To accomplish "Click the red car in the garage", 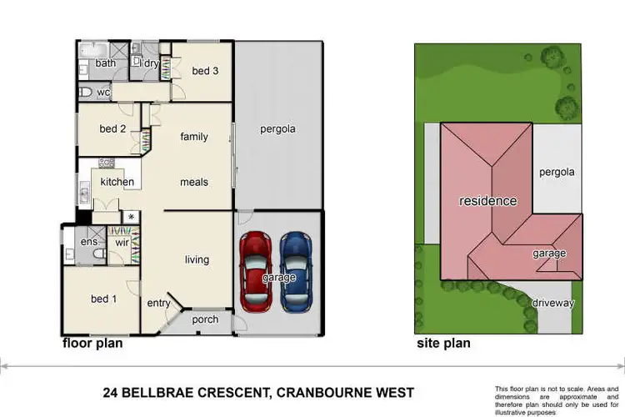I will coord(255,269).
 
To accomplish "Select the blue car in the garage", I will coord(296,269).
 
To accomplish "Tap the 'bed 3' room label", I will coord(205,71).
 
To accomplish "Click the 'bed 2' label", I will coord(112,128).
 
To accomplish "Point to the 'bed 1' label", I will coord(103,299).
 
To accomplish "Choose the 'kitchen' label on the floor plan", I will coord(117,182).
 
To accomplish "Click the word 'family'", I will coord(194,137).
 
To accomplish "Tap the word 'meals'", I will coord(194,182).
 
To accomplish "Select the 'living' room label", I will coord(197,259).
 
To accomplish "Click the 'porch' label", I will coord(205,319).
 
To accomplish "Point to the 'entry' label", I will coord(159,303).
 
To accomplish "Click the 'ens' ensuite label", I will coord(89,242).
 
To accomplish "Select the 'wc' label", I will coord(103,92).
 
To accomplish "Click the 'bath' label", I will coord(105,63).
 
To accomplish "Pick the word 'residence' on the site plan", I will coord(487,201).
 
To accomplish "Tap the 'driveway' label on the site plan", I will coord(552,304).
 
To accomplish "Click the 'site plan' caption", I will coord(443,343).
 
